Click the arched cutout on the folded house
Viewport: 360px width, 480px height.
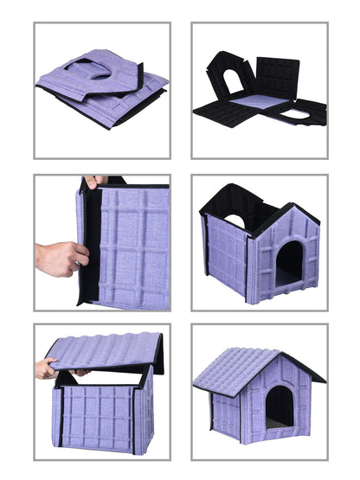[100, 72]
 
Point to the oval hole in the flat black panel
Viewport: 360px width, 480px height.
[299, 112]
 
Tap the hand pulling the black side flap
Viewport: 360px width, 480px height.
[61, 257]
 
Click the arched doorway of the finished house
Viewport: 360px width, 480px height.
[279, 406]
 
